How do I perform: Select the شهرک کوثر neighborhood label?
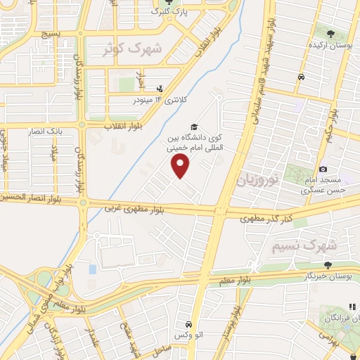pos(131,49)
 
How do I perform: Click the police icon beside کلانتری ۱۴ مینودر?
pos(160,89)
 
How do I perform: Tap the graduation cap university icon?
pos(194,125)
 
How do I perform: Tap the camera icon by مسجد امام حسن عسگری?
pos(323,169)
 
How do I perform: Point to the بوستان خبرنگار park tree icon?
pos(328,265)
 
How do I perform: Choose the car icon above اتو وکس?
pos(189,324)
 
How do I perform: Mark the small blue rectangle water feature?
pos(93,269)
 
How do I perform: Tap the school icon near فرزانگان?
pos(352,307)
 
